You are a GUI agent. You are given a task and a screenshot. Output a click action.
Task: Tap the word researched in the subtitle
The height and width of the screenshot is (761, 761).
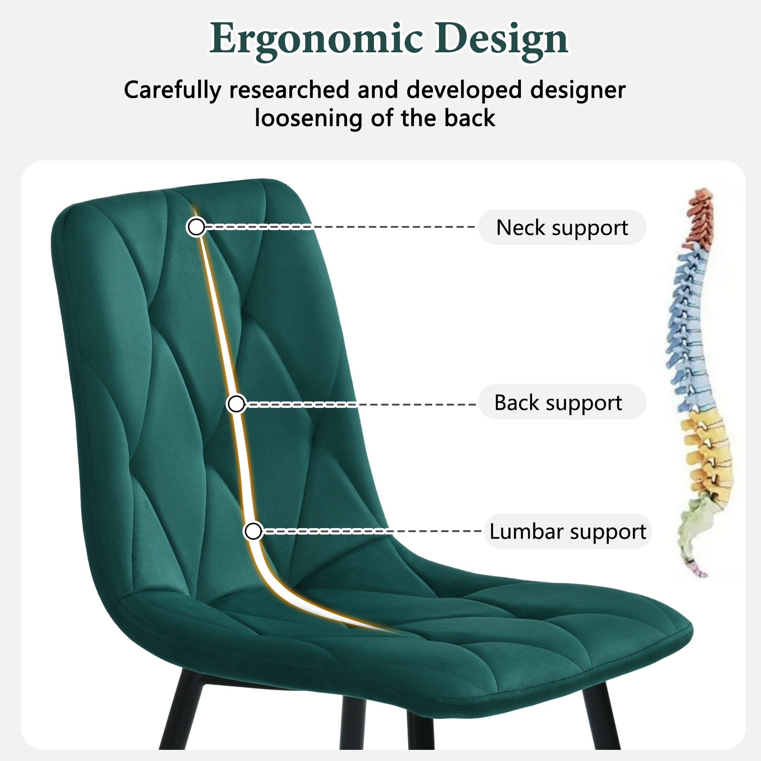tap(289, 90)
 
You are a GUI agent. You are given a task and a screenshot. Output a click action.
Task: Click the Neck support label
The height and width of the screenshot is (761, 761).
tap(562, 227)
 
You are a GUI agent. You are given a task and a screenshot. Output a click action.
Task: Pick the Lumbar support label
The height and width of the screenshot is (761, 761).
tap(567, 531)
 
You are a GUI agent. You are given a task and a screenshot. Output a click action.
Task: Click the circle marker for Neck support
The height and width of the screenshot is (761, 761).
tap(196, 227)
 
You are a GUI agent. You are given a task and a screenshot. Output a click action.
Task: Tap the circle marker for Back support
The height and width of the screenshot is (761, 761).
tap(236, 404)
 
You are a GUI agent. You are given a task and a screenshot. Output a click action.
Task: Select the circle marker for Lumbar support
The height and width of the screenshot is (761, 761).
tap(253, 531)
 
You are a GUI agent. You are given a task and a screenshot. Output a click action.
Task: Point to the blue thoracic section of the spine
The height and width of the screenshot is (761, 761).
tap(689, 327)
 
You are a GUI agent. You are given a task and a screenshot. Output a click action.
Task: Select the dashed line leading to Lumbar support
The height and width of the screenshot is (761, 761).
tap(371, 531)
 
